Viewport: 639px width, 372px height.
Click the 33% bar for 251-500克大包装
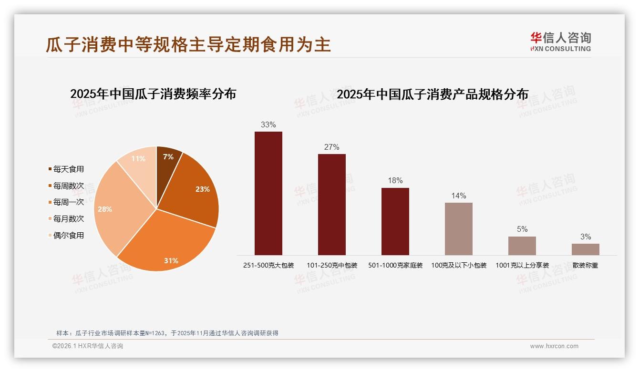pyautogui.click(x=268, y=193)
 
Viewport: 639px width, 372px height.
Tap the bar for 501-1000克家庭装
pyautogui.click(x=395, y=221)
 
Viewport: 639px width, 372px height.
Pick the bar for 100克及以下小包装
pyautogui.click(x=458, y=229)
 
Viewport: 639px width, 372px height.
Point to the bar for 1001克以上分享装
pyautogui.click(x=522, y=246)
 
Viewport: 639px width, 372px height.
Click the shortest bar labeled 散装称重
pyautogui.click(x=585, y=249)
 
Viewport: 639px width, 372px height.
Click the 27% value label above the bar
pyautogui.click(x=331, y=147)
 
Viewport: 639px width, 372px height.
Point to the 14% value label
pyautogui.click(x=458, y=196)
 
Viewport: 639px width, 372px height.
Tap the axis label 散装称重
pyautogui.click(x=585, y=265)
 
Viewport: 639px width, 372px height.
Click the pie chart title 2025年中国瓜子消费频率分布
pyautogui.click(x=153, y=93)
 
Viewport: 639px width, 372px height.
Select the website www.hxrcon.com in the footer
pyautogui.click(x=554, y=346)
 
